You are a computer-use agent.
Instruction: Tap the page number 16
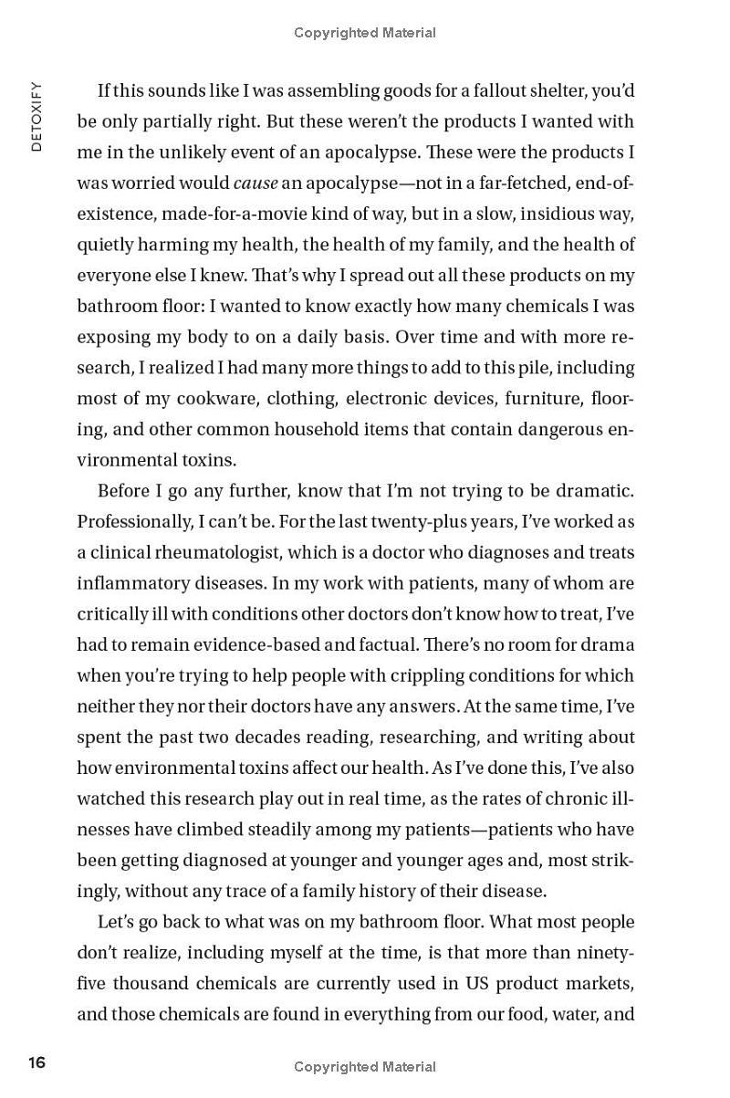pyautogui.click(x=37, y=1062)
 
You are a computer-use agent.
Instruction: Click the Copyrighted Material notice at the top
pyautogui.click(x=365, y=33)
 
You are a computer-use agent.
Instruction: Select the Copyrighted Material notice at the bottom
pyautogui.click(x=365, y=1066)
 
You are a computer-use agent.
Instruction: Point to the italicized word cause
pyautogui.click(x=255, y=183)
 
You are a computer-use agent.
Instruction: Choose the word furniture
pyautogui.click(x=539, y=399)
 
